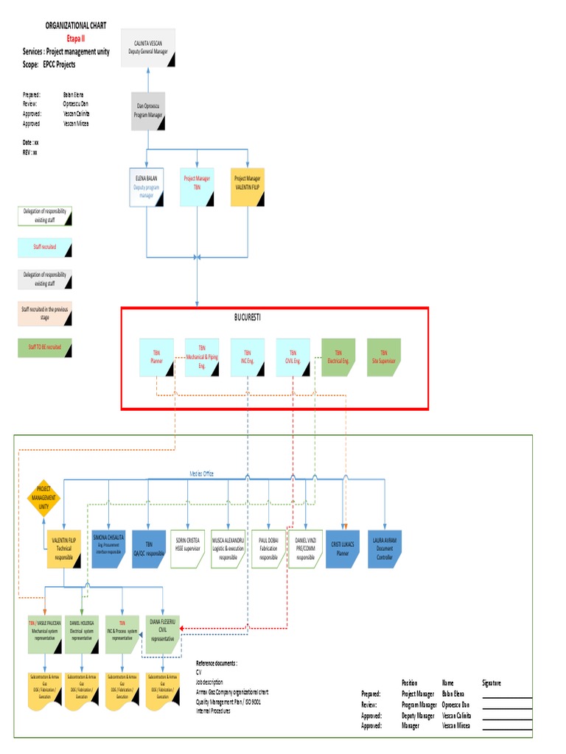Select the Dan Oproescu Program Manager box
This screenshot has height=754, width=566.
[148, 111]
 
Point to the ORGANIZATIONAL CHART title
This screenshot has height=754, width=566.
[76, 25]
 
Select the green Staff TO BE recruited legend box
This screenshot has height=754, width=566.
[44, 346]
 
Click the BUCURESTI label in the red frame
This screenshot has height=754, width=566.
[247, 317]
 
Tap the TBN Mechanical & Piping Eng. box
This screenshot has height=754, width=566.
[201, 357]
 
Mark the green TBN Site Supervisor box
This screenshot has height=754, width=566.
[383, 357]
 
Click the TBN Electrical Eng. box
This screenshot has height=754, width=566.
[338, 357]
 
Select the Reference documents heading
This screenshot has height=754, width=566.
[217, 663]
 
